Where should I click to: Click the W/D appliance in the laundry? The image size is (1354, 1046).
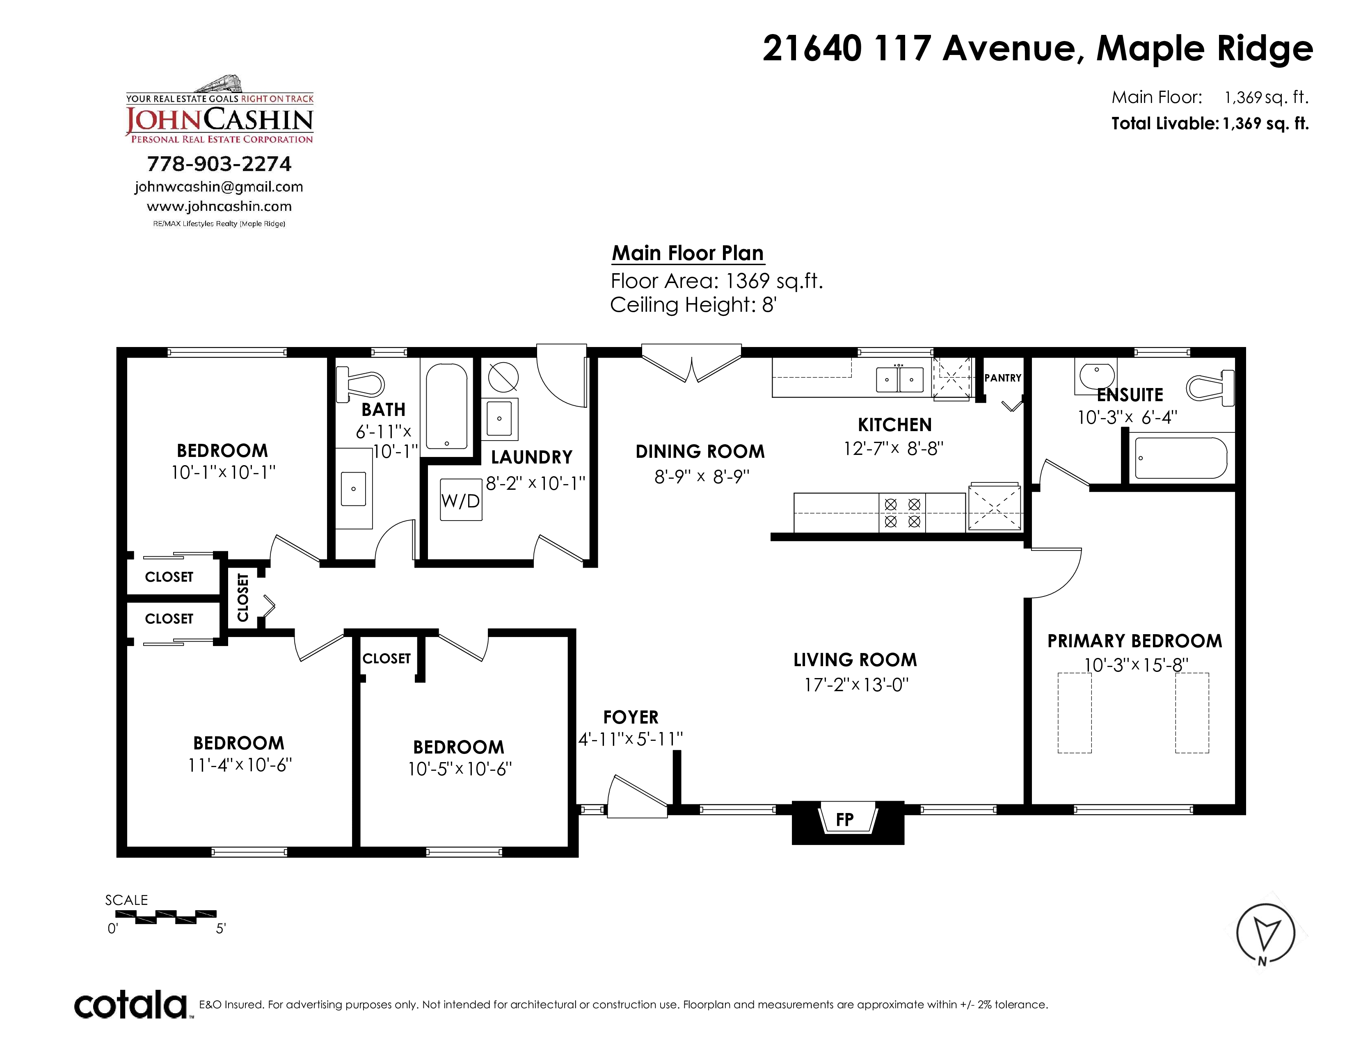point(461,500)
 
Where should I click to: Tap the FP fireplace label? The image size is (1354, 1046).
point(844,820)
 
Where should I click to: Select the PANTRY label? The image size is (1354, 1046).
point(1002,378)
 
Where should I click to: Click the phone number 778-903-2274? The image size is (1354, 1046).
point(219,164)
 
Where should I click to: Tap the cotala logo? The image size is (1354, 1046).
point(131,1005)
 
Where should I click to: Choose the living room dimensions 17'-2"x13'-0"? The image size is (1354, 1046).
point(856,685)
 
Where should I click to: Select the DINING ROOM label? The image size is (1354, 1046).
point(700,452)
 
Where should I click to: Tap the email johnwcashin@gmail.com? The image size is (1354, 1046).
point(219,187)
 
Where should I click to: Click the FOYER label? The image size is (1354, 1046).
point(631,717)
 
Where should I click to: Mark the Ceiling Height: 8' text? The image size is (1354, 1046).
point(693,305)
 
